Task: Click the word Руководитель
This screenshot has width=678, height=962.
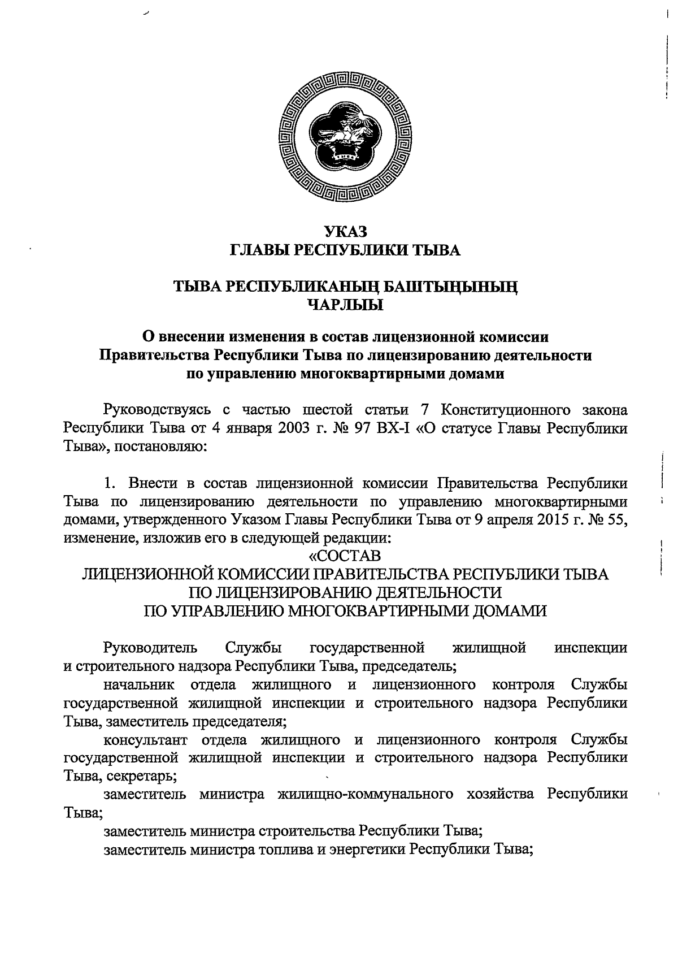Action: coord(150,647)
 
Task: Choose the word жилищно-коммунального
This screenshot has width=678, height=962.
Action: coord(366,794)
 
